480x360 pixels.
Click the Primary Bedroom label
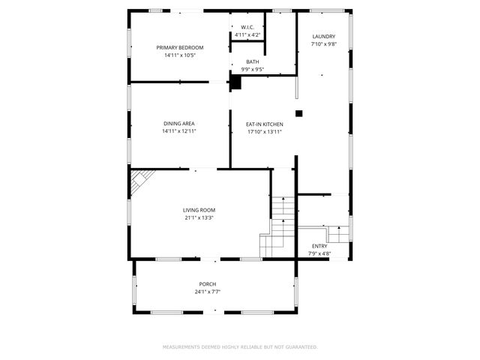pos(179,47)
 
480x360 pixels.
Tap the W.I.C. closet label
pos(247,27)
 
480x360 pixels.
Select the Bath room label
pos(252,61)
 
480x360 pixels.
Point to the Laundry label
pos(323,36)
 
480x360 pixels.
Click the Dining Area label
pos(179,124)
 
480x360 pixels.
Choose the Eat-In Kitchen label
pos(265,124)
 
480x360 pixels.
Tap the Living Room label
pos(199,210)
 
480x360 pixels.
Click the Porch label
pos(207,283)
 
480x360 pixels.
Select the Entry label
pos(319,246)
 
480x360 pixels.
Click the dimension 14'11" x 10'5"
pos(179,55)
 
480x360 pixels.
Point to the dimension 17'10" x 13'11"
pos(265,132)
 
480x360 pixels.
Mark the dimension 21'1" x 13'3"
pos(199,218)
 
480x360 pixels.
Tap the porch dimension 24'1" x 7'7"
pos(207,292)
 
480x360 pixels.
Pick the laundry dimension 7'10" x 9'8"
pos(323,44)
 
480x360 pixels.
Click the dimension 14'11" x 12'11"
pos(179,132)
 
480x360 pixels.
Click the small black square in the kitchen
pos(298,114)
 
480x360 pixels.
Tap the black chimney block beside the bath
pos(235,82)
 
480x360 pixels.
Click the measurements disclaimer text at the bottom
pos(240,347)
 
